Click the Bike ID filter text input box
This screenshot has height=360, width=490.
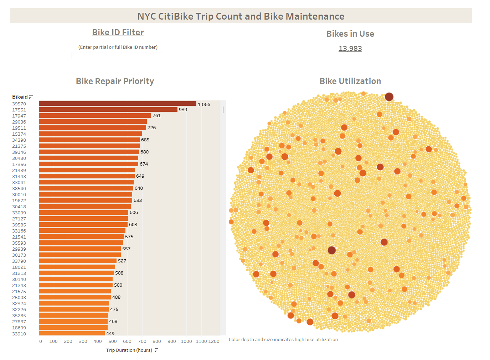click(118, 56)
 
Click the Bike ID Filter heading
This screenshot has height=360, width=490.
click(118, 32)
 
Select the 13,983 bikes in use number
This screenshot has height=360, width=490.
click(350, 48)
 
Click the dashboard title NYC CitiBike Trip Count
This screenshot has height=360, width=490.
click(241, 16)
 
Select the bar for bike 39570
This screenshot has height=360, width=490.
click(117, 104)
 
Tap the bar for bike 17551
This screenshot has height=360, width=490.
click(108, 110)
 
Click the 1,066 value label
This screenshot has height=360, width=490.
click(204, 104)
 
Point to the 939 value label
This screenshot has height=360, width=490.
click(183, 110)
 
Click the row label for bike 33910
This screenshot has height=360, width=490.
click(19, 334)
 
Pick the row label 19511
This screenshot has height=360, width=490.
click(19, 128)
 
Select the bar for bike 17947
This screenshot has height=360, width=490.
click(95, 116)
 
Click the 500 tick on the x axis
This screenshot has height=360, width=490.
click(112, 341)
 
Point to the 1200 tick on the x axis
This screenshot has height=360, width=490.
click(214, 341)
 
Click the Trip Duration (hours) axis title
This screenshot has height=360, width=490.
click(129, 350)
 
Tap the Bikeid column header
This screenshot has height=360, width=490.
click(20, 97)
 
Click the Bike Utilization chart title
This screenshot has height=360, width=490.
click(350, 81)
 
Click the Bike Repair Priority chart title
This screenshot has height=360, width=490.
click(115, 81)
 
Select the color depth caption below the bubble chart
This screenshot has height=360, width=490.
click(284, 339)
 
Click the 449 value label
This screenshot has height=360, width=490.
click(110, 334)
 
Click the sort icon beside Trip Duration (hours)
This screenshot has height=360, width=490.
click(156, 350)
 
